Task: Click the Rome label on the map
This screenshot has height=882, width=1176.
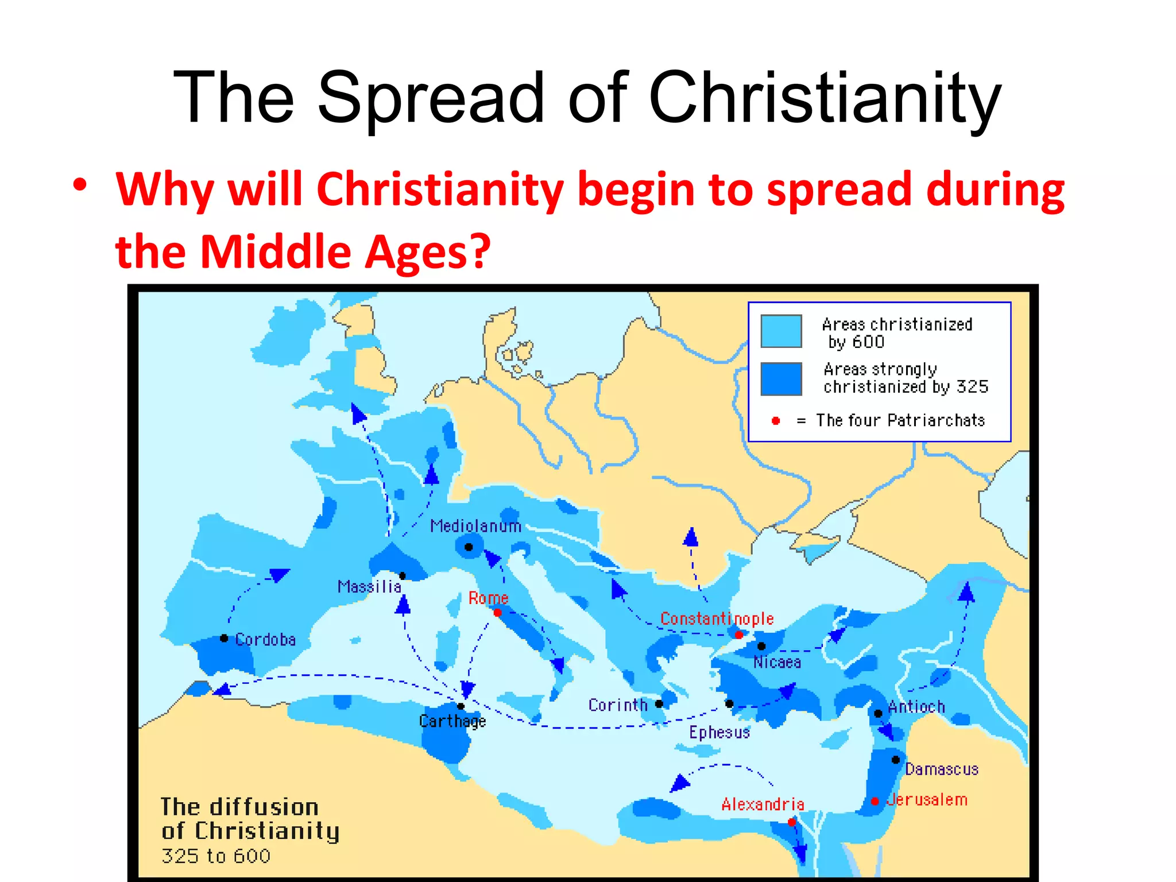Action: (x=488, y=598)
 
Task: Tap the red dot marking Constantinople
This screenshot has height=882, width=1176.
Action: (x=739, y=635)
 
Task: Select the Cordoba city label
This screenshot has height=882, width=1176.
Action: (x=265, y=640)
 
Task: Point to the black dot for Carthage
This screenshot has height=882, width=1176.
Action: (x=461, y=706)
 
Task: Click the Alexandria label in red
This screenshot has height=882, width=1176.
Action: (x=763, y=804)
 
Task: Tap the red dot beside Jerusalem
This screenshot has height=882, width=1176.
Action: (x=875, y=801)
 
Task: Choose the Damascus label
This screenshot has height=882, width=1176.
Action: (x=942, y=769)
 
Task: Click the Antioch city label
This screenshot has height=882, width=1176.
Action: (x=916, y=707)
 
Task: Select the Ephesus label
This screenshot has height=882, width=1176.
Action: (x=719, y=733)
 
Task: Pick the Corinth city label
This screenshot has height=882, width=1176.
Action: (x=617, y=705)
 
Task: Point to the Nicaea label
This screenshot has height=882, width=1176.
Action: (x=777, y=663)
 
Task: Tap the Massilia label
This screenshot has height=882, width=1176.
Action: (x=369, y=587)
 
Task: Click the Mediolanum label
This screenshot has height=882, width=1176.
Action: (x=475, y=526)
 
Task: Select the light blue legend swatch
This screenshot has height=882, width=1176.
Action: (x=781, y=331)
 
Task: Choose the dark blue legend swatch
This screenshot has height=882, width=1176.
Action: (x=781, y=379)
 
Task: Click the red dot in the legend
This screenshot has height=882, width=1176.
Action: (x=776, y=421)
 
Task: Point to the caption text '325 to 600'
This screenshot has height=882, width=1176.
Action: (x=216, y=856)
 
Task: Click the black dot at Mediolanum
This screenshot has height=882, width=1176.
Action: (x=469, y=547)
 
